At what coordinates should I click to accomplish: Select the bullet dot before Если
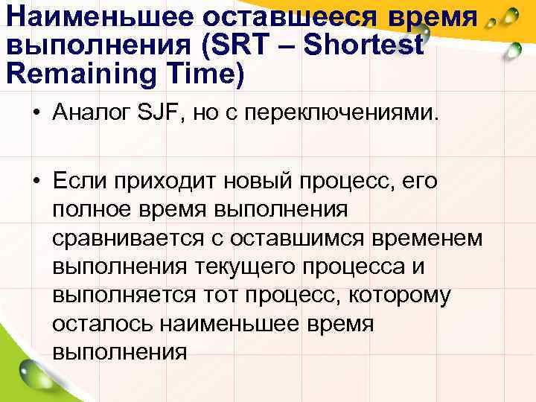pos(36,181)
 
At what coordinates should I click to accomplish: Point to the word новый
pos(264,181)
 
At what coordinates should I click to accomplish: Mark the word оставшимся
pos(312,238)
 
